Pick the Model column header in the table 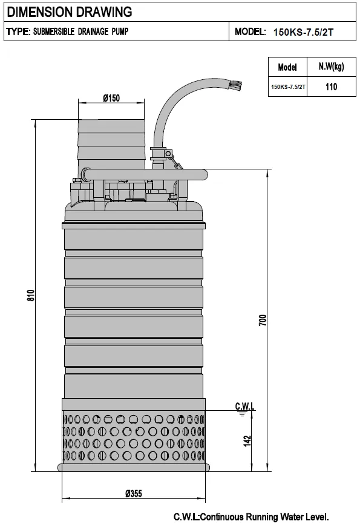287,67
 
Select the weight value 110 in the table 331,87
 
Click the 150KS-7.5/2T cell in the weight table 288,87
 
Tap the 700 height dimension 262,321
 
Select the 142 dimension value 247,441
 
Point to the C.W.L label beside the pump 245,405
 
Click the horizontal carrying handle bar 145,175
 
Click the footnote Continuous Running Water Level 250,516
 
